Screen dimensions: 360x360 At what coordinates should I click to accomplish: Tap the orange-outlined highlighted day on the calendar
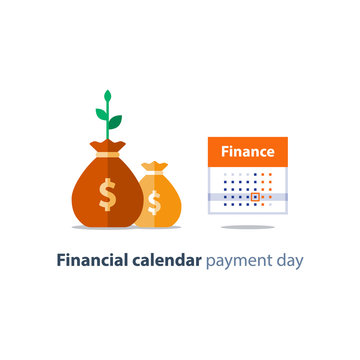[255, 197]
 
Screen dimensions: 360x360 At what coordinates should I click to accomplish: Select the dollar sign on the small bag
[154, 201]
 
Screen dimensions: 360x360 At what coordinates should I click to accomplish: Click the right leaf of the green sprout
[115, 122]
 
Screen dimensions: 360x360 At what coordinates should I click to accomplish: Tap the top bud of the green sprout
[107, 96]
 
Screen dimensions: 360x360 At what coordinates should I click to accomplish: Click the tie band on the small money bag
[153, 176]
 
